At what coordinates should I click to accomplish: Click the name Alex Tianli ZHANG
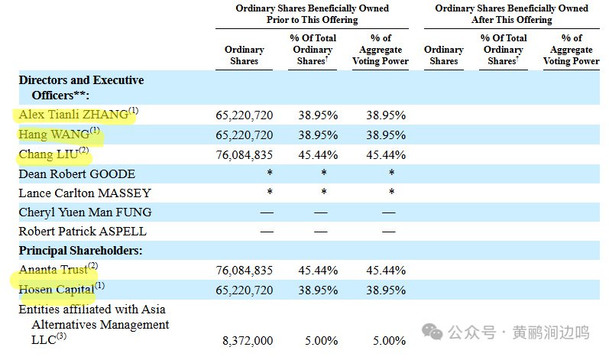(73, 115)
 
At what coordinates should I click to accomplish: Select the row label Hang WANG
(54, 135)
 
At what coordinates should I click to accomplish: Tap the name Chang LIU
(49, 154)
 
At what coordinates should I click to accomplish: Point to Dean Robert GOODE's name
(77, 174)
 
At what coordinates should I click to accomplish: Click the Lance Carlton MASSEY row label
(85, 193)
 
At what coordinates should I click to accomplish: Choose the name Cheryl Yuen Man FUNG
(85, 212)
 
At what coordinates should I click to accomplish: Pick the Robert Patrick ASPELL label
(83, 232)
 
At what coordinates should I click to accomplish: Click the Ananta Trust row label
(53, 270)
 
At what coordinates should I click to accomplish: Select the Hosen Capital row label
(57, 290)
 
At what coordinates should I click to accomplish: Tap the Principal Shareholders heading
(80, 251)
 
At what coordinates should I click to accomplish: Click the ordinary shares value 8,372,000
(248, 341)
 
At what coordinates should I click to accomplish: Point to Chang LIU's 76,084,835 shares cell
(245, 154)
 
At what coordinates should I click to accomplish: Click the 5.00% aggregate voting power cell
(390, 341)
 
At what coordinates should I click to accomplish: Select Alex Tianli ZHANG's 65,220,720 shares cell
(245, 115)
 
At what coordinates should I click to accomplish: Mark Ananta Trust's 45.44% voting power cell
(386, 270)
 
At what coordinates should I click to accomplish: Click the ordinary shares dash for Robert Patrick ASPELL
(267, 232)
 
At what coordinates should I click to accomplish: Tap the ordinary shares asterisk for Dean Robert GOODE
(270, 173)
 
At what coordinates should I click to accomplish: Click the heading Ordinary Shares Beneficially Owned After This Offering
(511, 14)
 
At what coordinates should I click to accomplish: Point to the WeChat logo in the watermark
(432, 332)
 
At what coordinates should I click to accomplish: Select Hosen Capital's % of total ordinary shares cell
(318, 290)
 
